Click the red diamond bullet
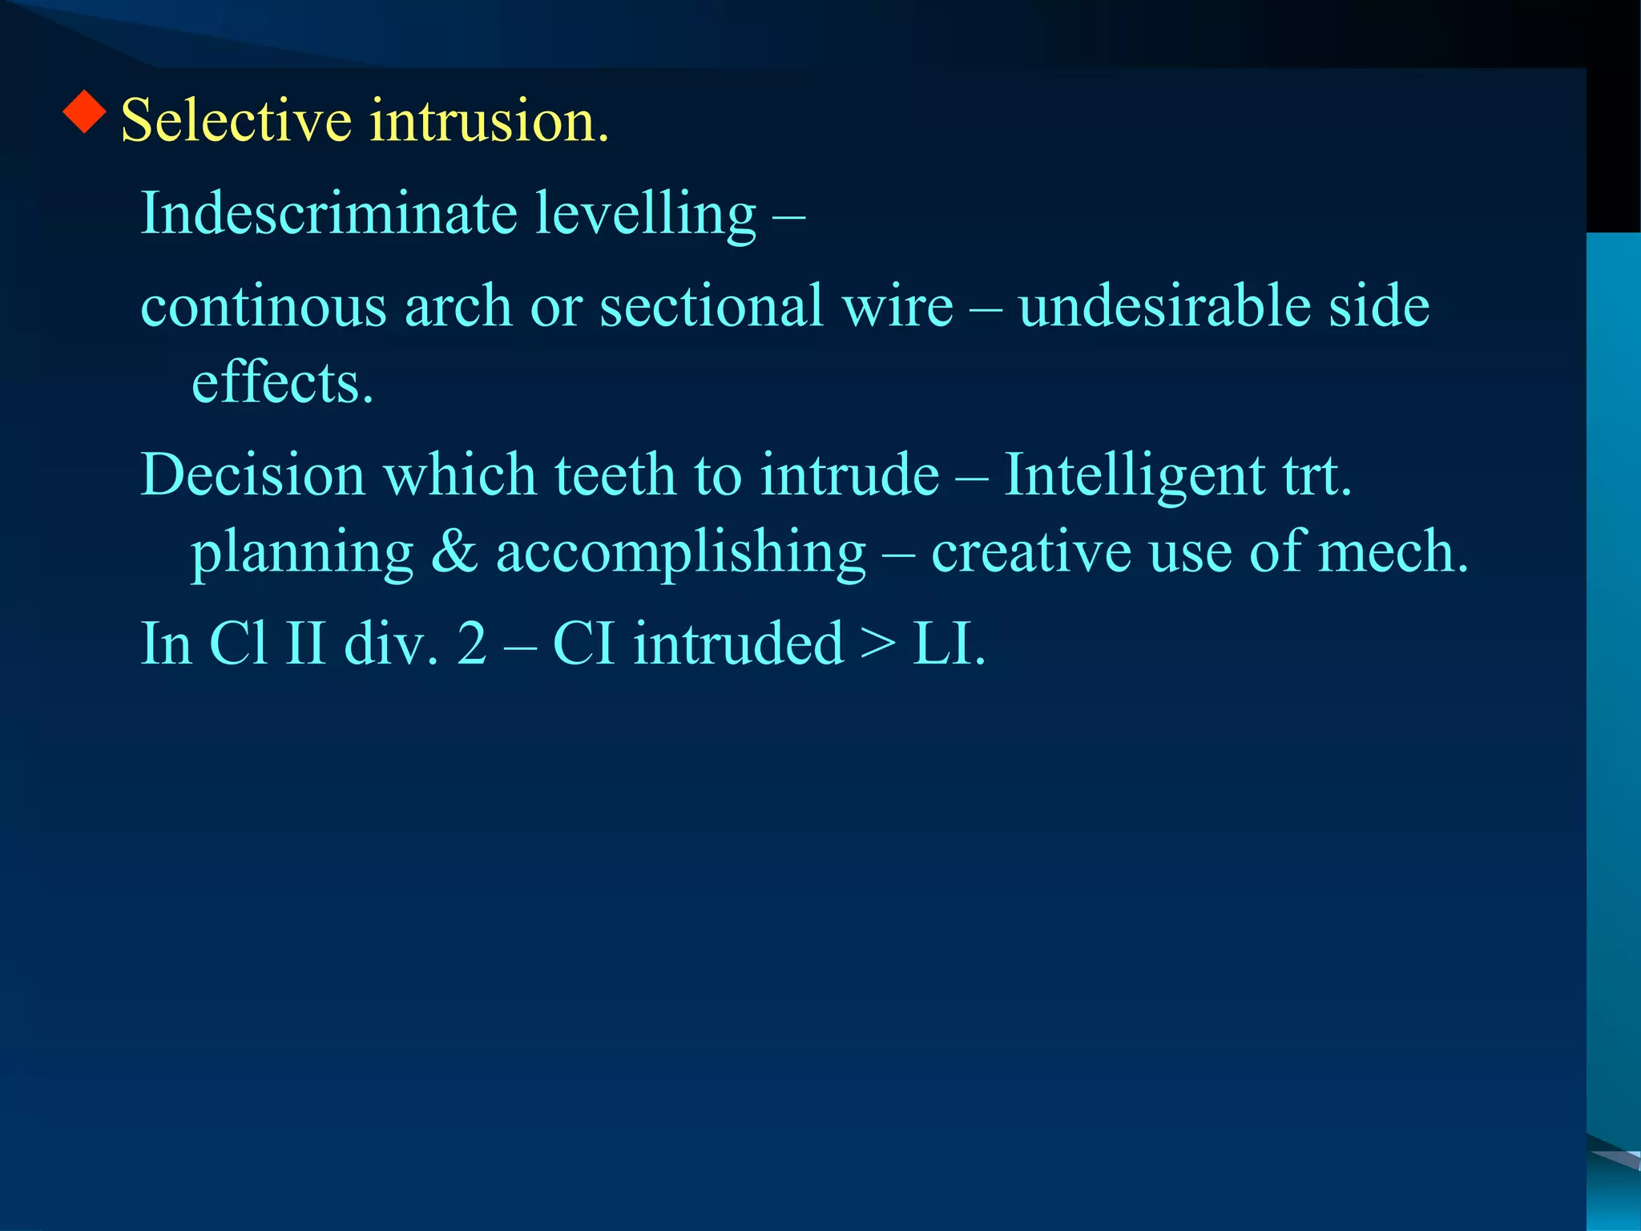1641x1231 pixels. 85,111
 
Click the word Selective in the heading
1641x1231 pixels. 236,120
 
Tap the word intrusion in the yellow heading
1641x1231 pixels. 489,120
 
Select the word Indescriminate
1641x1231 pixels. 329,213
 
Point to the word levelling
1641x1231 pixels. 645,215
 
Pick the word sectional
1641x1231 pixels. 712,306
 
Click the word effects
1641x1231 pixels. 282,382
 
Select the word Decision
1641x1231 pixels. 253,474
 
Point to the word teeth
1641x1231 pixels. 615,474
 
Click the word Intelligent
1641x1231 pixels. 1134,476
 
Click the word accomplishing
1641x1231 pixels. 681,553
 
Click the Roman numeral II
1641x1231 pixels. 305,644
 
